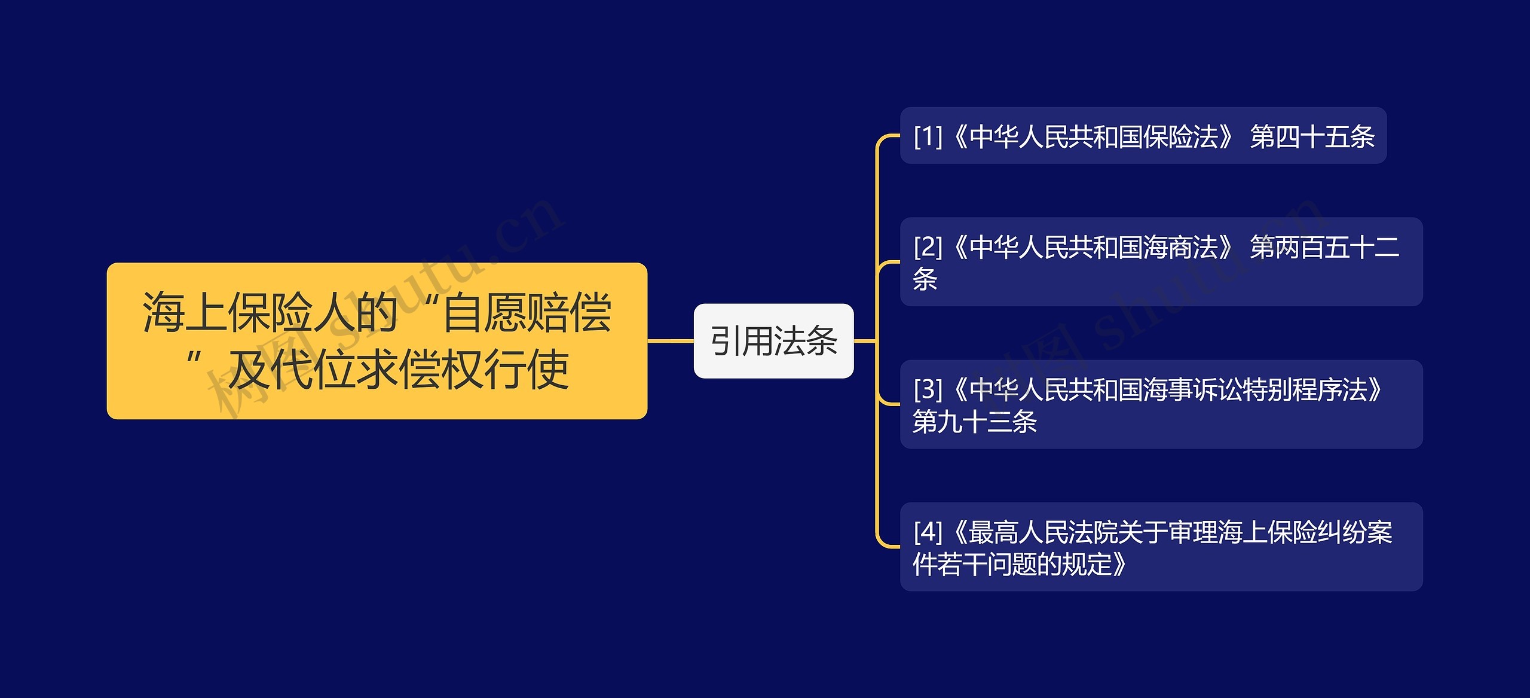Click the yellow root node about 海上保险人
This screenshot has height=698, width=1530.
377,340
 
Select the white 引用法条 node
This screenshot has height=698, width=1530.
773,341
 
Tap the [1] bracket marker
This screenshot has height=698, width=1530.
928,137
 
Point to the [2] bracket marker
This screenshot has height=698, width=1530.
928,247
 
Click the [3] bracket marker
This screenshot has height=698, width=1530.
928,390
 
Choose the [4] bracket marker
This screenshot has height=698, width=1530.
928,532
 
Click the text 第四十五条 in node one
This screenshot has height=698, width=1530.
1312,137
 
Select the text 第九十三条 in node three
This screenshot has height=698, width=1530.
974,422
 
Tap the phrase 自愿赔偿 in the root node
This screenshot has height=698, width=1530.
527,313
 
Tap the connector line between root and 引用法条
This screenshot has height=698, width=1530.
670,341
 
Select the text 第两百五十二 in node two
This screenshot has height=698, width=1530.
1324,247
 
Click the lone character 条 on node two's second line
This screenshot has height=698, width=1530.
925,279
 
